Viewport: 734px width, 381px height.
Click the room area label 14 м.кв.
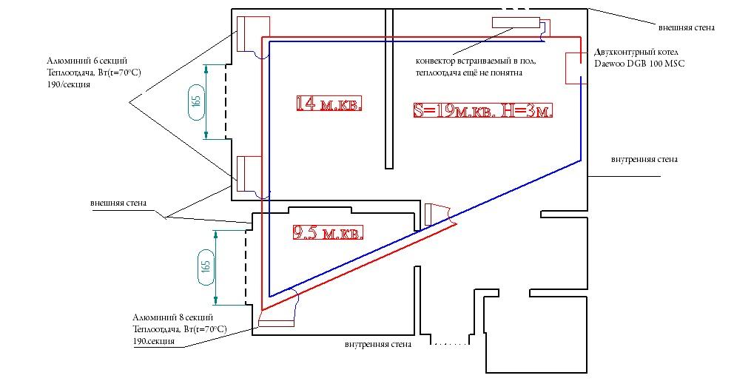329,103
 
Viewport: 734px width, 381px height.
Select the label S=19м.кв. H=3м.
483,110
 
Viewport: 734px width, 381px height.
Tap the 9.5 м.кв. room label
328,232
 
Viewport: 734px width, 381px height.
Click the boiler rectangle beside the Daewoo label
574,68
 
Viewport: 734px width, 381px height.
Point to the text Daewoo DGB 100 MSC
639,64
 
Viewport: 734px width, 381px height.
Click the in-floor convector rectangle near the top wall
516,22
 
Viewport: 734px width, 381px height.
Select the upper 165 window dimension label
197,101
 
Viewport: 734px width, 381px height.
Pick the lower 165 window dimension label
206,267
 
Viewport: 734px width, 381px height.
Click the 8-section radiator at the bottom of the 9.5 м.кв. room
276,323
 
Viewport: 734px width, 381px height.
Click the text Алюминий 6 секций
87,61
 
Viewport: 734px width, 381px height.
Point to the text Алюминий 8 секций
172,317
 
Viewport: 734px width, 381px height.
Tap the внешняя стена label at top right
687,27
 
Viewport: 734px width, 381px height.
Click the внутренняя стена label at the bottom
378,345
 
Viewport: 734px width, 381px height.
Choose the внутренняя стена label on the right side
644,159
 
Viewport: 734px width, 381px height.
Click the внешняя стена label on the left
118,203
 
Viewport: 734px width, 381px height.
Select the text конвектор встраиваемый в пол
476,61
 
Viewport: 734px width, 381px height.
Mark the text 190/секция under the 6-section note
68,85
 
